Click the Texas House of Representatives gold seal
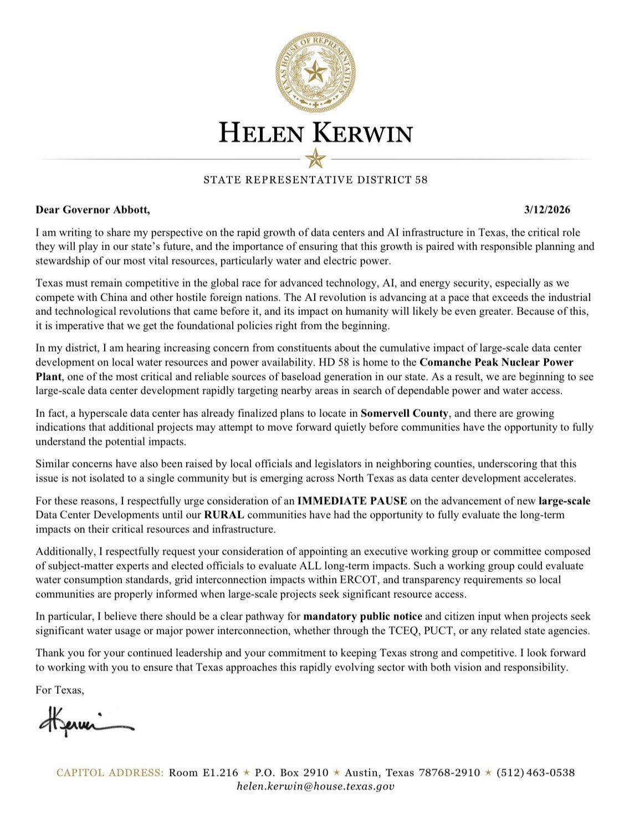tap(315, 72)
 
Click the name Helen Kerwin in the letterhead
tap(315, 134)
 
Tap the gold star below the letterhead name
tap(315, 159)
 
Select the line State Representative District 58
tap(315, 180)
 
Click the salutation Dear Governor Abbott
tap(93, 210)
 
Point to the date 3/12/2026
tap(547, 210)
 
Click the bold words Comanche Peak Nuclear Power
tap(496, 363)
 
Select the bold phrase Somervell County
tap(404, 413)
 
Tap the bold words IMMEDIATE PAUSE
tap(352, 501)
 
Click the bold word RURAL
tap(224, 515)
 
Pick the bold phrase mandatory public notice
tap(362, 616)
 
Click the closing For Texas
tap(60, 690)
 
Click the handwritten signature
tap(86, 722)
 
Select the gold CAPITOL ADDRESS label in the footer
tap(110, 773)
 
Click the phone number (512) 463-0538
tap(535, 773)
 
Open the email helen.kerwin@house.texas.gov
tap(315, 786)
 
